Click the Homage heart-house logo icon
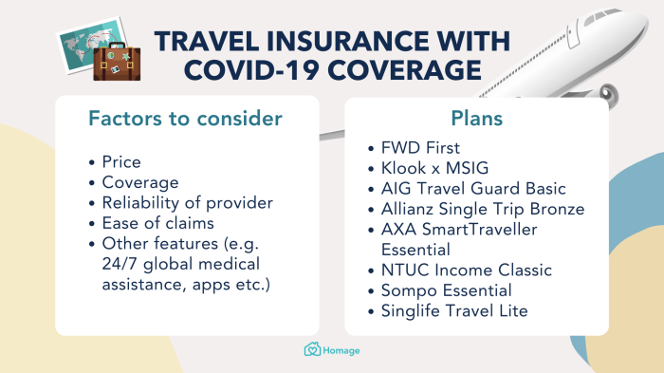click(311, 350)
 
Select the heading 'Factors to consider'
click(185, 120)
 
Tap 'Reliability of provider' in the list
click(188, 202)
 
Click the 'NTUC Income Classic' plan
click(467, 270)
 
